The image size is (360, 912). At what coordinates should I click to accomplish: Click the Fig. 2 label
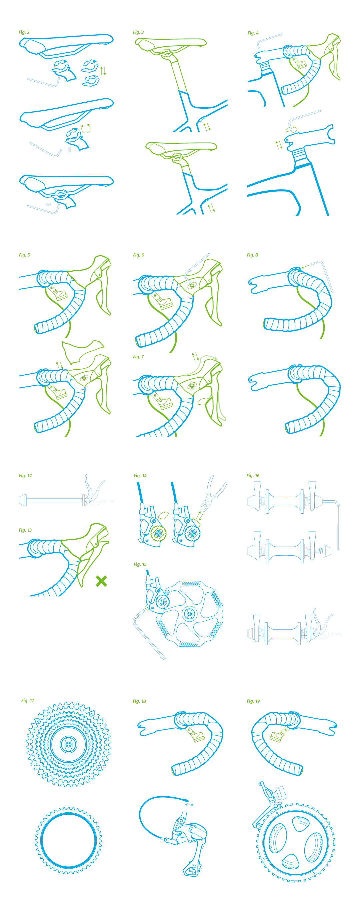coord(24,32)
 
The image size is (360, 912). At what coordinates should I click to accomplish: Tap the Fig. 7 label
coord(138,357)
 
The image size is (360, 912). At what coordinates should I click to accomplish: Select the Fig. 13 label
coord(25,530)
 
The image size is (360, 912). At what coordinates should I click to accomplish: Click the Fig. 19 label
coord(253,701)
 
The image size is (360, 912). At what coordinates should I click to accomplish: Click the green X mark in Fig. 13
coord(101,581)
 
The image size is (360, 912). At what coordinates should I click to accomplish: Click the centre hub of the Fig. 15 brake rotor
coord(189,614)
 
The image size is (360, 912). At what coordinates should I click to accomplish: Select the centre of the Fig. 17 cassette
coord(68,744)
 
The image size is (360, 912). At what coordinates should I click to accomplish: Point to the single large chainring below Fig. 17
coord(68,840)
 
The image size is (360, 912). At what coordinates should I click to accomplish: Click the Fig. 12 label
coord(25,475)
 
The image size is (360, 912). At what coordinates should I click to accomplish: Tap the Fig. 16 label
coord(253,475)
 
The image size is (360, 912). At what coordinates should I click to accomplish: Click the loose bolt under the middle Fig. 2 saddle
coord(69,150)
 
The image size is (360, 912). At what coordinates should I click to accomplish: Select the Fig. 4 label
coord(253,33)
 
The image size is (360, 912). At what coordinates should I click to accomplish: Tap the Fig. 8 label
coord(252,255)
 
